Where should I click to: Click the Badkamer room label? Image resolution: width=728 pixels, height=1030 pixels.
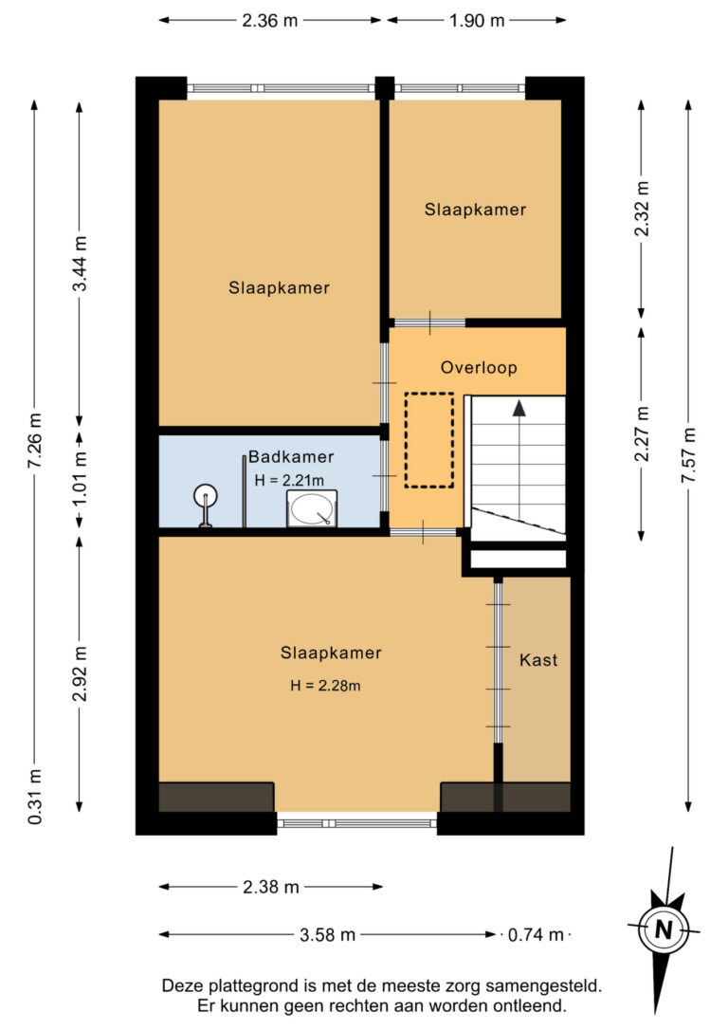[291, 456]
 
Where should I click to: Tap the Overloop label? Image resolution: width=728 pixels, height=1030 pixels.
[479, 367]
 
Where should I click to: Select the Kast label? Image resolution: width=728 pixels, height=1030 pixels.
[538, 659]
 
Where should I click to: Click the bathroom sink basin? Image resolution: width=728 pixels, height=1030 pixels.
[312, 508]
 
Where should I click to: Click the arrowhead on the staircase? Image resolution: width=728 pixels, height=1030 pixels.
[519, 408]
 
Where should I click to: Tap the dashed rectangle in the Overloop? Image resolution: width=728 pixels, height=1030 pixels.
[429, 440]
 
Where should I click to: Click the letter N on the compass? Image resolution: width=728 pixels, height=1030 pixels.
[664, 929]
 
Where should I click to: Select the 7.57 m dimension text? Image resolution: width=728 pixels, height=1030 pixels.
[688, 455]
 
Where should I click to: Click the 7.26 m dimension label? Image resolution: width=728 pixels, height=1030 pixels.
[34, 440]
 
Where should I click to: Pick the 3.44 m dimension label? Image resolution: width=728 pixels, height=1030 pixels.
[80, 263]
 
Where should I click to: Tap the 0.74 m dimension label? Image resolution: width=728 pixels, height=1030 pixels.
[536, 934]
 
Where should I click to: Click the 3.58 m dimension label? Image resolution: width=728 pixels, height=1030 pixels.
[328, 934]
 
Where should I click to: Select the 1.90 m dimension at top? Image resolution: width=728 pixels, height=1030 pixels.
[477, 20]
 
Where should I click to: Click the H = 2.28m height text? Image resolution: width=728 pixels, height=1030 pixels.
[325, 686]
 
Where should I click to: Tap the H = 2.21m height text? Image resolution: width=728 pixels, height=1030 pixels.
[289, 480]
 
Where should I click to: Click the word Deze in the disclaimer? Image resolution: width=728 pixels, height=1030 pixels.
[183, 985]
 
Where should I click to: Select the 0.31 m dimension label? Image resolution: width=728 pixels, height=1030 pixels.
[34, 797]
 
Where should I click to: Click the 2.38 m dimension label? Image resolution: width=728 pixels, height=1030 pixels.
[271, 887]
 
